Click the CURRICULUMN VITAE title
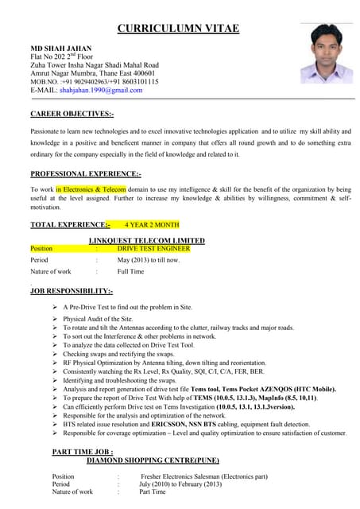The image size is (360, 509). coord(179,29)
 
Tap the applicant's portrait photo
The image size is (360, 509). coord(326,52)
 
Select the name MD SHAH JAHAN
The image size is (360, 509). coord(60,48)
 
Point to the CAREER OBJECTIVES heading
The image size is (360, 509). coord(72,115)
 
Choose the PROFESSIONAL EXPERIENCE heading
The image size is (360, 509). coord(86,173)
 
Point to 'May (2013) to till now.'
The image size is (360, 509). coord(149,260)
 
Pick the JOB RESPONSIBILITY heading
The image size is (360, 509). coord(72,292)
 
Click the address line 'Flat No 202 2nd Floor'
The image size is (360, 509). coord(69,56)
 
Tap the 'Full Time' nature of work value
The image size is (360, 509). coord(130,272)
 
